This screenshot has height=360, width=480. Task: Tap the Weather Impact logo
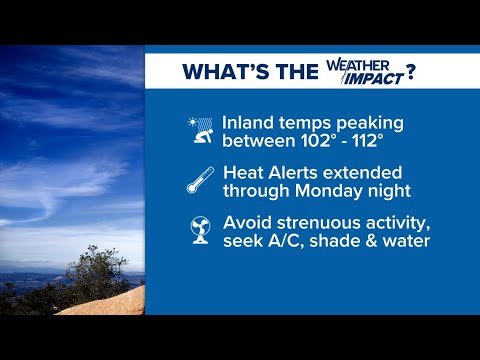(x=365, y=72)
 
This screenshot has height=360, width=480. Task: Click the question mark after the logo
(x=411, y=72)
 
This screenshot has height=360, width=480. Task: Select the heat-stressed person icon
(x=200, y=130)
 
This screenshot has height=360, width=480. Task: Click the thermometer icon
(x=200, y=180)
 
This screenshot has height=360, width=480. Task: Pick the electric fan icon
(x=200, y=230)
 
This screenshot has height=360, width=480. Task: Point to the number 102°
(x=316, y=140)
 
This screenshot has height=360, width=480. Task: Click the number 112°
(x=366, y=140)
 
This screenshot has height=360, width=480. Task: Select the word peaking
(x=370, y=124)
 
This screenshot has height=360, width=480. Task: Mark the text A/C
(x=286, y=241)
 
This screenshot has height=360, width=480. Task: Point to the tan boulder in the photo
(x=110, y=303)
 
